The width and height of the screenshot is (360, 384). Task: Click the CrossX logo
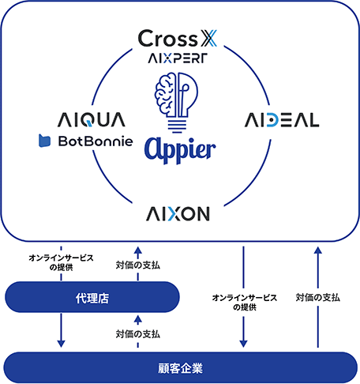coord(178,38)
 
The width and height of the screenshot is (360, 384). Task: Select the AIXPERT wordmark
coord(178,58)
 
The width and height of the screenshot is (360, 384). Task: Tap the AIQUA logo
coord(92,120)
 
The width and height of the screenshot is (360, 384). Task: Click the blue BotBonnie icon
coord(44,141)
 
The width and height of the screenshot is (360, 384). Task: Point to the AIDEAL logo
coord(282,120)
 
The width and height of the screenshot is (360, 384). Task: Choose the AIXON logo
coord(178,213)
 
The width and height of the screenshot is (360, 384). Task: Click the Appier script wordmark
coord(180,150)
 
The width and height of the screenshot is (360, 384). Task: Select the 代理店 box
coord(92,297)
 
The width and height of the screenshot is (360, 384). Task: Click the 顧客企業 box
coord(180,367)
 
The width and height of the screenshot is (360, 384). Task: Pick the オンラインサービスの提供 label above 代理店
coord(61,262)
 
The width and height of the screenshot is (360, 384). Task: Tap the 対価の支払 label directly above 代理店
coord(138,265)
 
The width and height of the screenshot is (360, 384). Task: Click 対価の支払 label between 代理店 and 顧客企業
coord(138,334)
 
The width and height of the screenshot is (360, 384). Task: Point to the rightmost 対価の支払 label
coord(318,297)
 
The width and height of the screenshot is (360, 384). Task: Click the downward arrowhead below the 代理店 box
coord(61,344)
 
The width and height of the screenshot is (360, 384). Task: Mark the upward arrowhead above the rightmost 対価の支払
coord(318,250)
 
